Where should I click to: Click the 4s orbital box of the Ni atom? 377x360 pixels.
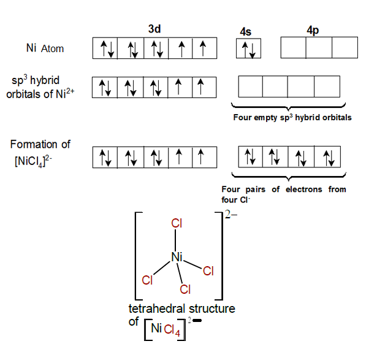point(249,48)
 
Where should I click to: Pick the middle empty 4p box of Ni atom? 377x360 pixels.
point(319,48)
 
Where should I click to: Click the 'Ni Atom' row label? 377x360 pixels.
point(45,48)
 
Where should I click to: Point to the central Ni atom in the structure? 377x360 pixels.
point(177,257)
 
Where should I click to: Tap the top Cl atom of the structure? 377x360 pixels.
point(177,224)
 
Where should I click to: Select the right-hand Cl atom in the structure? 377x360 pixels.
point(208,270)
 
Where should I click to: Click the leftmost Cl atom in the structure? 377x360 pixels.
point(147,280)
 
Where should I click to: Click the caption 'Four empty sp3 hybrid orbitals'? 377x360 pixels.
point(292,117)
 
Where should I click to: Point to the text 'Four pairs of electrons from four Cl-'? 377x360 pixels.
point(283,194)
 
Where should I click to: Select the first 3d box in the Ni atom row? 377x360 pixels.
point(105,48)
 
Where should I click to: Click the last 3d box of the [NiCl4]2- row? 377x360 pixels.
point(204,158)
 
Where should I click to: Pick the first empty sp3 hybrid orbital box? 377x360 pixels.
point(250,86)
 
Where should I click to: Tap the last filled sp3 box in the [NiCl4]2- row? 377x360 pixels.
point(327,158)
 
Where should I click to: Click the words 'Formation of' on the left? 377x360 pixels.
point(40,145)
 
